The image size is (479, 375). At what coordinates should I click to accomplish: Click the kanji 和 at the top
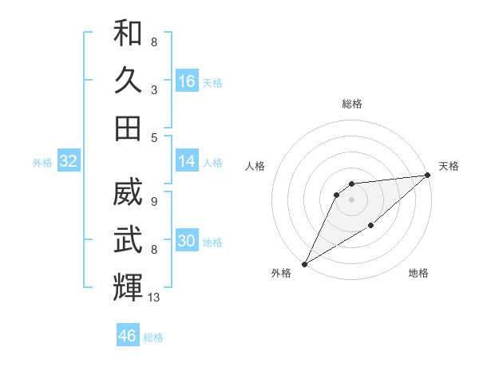pos(128,34)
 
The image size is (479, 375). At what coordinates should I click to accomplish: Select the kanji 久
pos(128,81)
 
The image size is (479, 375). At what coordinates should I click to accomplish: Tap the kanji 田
pos(128,128)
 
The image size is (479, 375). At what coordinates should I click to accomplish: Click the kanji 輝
pos(128,286)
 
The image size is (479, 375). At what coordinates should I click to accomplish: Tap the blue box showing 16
pos(187,81)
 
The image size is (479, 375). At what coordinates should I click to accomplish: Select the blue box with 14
pos(187,161)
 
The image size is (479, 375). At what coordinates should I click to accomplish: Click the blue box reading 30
pos(187,241)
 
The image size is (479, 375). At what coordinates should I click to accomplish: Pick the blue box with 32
pos(69,161)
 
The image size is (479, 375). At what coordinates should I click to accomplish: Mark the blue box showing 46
pos(128,336)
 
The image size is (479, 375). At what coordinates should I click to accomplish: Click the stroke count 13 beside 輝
pos(153,298)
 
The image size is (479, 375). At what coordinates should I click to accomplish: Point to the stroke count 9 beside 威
pos(153,203)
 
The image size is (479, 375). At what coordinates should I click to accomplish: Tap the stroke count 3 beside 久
pos(153,90)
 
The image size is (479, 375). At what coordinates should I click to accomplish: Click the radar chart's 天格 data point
pos(427,176)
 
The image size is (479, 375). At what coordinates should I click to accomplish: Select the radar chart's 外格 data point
pos(304,263)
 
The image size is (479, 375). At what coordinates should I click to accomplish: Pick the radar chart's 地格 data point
pos(370,227)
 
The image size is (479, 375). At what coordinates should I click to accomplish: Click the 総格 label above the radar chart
pos(351,104)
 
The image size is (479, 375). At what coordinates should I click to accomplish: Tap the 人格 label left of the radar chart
pos(255,166)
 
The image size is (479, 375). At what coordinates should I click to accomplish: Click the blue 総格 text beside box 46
pos(153,337)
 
